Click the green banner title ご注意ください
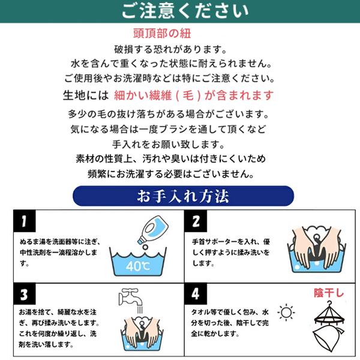tap(185, 11)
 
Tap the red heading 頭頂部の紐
tap(162, 34)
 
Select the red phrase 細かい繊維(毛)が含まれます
tap(194, 95)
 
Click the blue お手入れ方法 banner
tap(183, 196)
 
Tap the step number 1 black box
tap(25, 221)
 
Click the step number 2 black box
tap(196, 221)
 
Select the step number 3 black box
tap(25, 294)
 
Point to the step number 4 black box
tap(196, 294)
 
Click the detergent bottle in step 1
tap(152, 230)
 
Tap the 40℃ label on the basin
tap(138, 266)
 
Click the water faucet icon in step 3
tap(130, 298)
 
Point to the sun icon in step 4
tap(286, 312)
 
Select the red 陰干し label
tap(329, 293)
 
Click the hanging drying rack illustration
tap(329, 326)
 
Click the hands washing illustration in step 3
tap(142, 334)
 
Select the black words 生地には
tap(86, 95)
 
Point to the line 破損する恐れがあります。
tap(170, 50)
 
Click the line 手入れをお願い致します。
tap(168, 145)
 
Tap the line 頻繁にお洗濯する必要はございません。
tap(171, 174)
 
